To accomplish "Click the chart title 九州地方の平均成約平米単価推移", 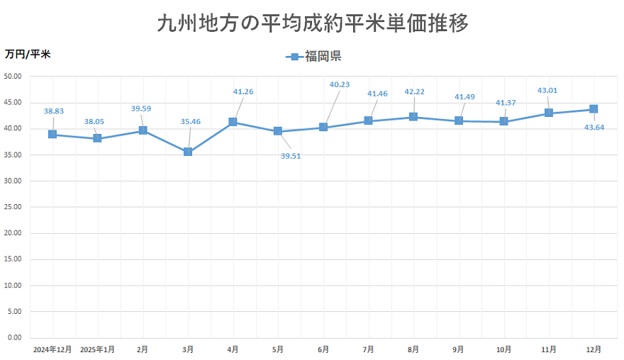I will tap(312, 23).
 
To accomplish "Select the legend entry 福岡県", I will tap(314, 57).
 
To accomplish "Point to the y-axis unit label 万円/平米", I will tap(28, 54).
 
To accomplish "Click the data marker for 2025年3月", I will tap(188, 152).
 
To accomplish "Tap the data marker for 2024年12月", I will tap(52, 135).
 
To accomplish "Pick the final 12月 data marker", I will tap(594, 109).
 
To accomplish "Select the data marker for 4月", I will tap(233, 122).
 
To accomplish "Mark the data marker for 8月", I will tap(413, 117).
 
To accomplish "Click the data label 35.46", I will tap(190, 122).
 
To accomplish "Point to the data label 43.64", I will tap(595, 128).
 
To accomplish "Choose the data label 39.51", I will tap(291, 156).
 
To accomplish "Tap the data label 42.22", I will tap(415, 91).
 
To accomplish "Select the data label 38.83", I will tap(53, 111).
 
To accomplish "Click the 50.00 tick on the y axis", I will tap(14, 77).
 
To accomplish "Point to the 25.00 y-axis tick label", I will tap(14, 207).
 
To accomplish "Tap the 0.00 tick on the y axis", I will tap(16, 337).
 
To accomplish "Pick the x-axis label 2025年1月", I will tap(97, 349).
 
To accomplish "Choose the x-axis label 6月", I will tap(323, 349).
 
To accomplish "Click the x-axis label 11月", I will tap(549, 349).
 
